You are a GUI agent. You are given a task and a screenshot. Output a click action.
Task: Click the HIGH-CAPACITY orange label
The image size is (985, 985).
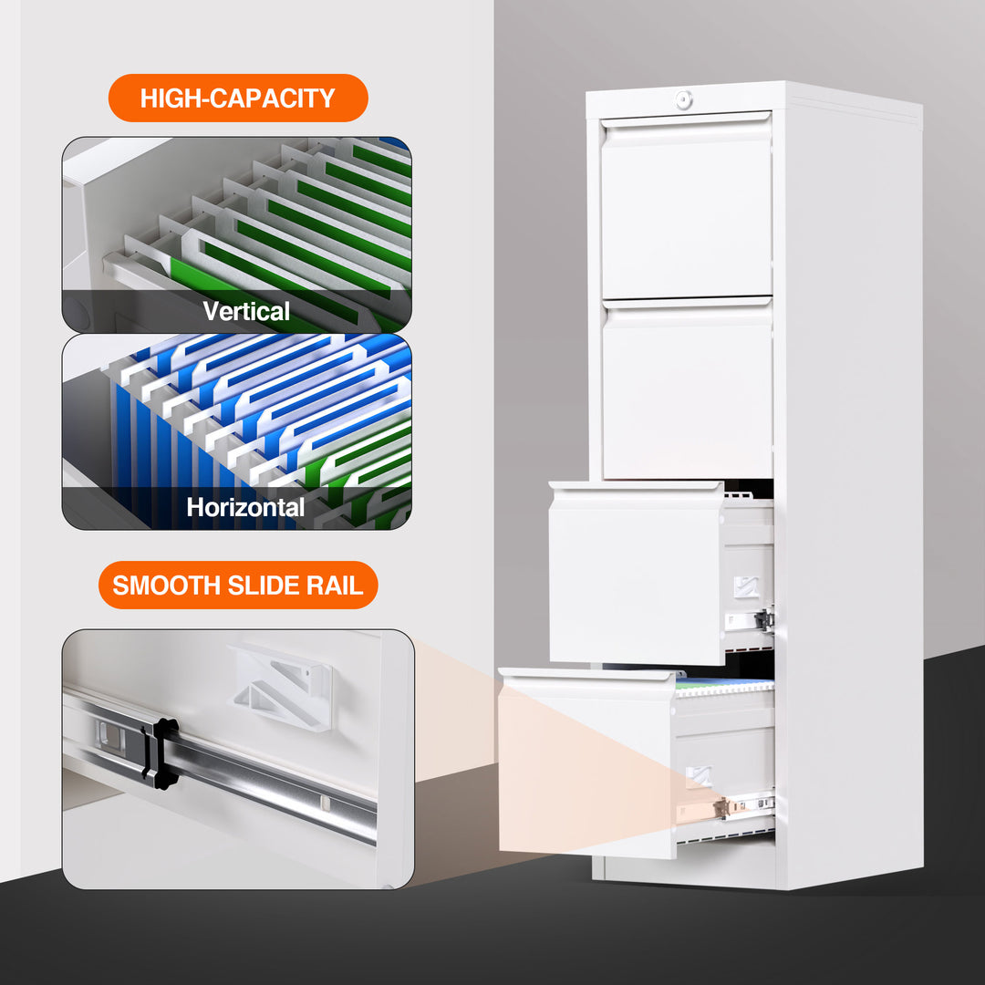coord(237,98)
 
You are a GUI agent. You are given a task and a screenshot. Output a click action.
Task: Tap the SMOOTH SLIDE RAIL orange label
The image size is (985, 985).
coord(237,585)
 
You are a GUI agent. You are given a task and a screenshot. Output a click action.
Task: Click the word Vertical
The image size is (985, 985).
coord(246,312)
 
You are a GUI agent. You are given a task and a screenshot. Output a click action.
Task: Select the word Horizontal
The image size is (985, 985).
coord(245,507)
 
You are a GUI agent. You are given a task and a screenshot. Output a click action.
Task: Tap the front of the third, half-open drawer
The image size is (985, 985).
coord(636,578)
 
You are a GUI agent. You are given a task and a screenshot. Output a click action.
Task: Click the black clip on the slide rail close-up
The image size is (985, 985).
coord(163,753)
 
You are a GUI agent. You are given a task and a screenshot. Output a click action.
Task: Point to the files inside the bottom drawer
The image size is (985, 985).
coord(725,687)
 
